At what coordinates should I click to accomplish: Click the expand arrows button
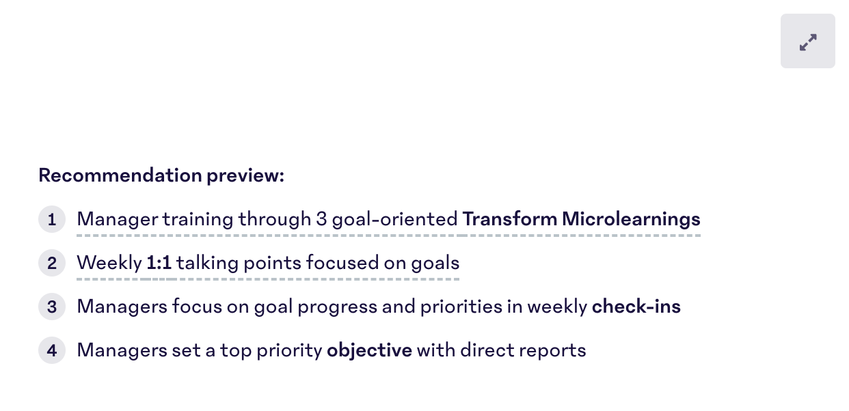807,42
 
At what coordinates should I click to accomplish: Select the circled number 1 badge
52,220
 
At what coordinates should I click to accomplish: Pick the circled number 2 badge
52,264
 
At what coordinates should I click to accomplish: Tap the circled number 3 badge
52,307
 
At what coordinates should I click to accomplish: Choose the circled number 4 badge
52,351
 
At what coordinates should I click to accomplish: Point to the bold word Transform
509,219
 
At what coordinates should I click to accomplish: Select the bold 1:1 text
159,263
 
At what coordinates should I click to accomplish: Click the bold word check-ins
636,307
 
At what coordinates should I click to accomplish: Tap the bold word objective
369,350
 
